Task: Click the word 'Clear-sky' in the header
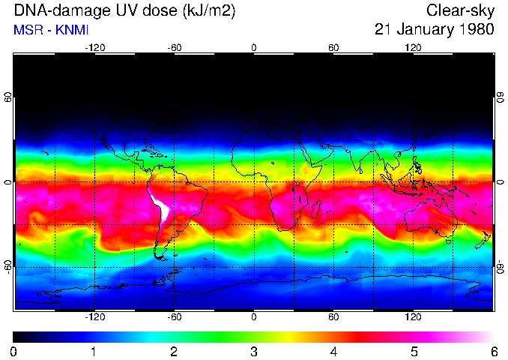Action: [x=460, y=10]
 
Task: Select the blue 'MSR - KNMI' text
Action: [x=46, y=31]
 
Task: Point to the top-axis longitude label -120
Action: [x=94, y=47]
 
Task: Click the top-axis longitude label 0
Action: [x=254, y=47]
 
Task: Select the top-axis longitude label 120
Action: [x=413, y=47]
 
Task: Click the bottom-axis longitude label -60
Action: [x=175, y=317]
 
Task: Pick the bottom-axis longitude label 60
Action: [x=333, y=317]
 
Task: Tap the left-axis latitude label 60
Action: [x=7, y=97]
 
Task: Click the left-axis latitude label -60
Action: [x=7, y=268]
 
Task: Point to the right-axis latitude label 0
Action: [x=501, y=183]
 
